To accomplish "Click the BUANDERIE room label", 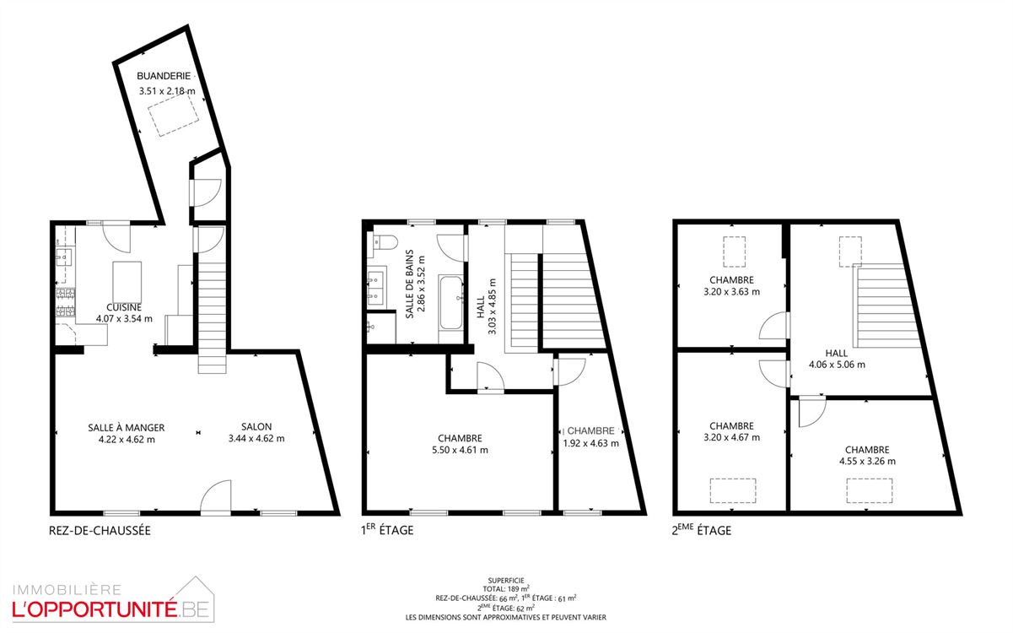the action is tap(164, 76).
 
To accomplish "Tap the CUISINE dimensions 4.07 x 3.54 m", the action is tap(124, 318).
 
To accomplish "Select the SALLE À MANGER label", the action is tap(127, 428).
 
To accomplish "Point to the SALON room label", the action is tap(256, 427).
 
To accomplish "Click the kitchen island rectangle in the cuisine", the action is tap(127, 283).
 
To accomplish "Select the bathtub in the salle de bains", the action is tap(451, 303).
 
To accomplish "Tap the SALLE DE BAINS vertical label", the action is tap(410, 284).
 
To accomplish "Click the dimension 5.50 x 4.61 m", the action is tap(460, 450).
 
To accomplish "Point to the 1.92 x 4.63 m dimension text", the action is tap(591, 443).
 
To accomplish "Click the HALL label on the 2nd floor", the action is tap(837, 354).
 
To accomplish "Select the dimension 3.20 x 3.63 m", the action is tap(732, 292).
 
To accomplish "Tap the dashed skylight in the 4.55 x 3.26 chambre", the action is tap(870, 491).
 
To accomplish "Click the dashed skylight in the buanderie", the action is tap(174, 115).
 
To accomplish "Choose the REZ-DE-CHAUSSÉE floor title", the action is tap(100, 531).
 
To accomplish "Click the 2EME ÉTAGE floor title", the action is tap(702, 530).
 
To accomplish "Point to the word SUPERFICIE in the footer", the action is tap(506, 581).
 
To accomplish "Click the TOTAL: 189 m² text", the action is tap(506, 588).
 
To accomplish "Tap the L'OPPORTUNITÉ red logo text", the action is tap(94, 610).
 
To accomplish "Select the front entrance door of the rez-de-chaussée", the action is tap(216, 497).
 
